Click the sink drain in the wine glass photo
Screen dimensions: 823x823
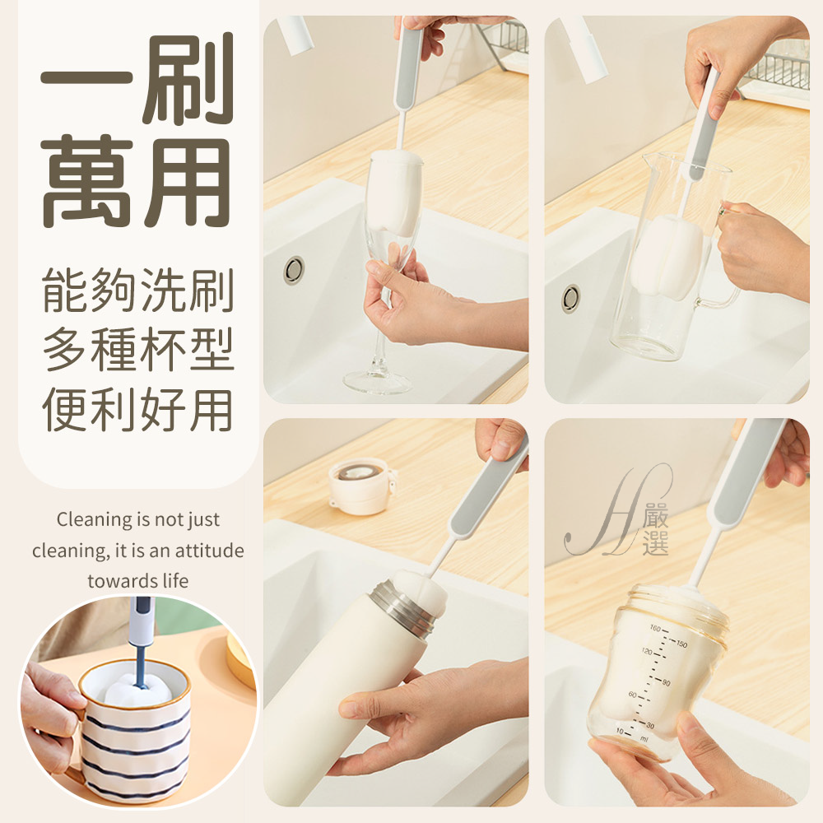(294, 270)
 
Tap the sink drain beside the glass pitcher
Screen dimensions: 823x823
(571, 299)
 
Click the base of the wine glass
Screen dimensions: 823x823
(377, 381)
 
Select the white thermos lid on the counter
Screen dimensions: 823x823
(361, 486)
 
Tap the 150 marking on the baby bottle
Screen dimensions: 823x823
(681, 644)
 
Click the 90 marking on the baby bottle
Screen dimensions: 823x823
(666, 682)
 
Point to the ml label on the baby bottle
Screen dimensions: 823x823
(644, 738)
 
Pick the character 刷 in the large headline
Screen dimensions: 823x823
(187, 79)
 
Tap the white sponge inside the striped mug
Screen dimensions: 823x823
(137, 690)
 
